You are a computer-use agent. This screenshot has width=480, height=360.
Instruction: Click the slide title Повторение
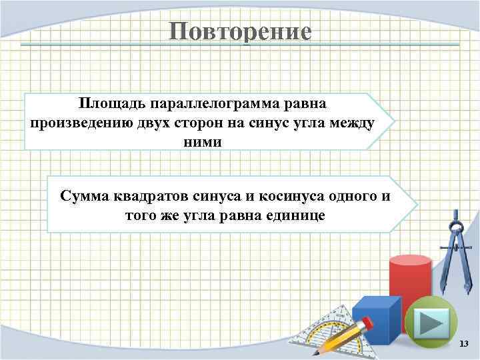coord(240,32)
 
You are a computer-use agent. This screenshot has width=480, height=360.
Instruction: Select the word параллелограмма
coord(207,105)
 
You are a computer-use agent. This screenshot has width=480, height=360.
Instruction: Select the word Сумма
coord(83,196)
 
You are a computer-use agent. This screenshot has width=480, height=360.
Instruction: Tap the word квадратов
coord(143,196)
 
